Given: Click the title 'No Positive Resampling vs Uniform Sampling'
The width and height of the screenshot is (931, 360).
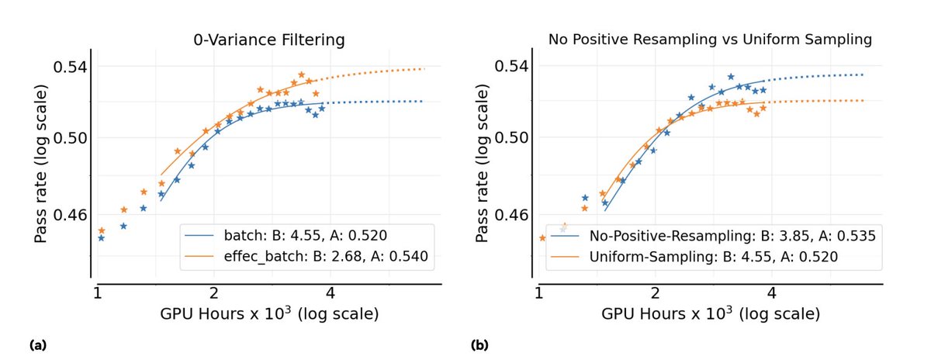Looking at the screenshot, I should coord(710,40).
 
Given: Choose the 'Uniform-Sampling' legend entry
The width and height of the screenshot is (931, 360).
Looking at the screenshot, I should coord(713,256).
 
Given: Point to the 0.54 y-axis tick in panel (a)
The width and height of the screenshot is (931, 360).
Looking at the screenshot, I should coord(69,67).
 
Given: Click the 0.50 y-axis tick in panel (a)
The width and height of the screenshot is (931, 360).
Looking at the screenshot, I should coord(69,138).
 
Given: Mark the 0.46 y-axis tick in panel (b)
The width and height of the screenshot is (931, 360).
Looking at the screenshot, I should coord(510,214).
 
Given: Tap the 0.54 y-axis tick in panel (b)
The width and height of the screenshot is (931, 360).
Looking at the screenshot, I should coord(510,67).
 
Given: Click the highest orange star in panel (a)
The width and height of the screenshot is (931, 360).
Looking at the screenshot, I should coord(302,74).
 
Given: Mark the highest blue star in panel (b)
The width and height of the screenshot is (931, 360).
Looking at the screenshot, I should coord(730,77).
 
